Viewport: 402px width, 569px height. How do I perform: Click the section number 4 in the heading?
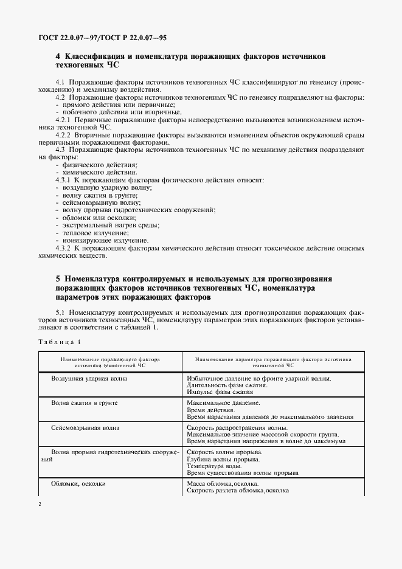click(x=58, y=55)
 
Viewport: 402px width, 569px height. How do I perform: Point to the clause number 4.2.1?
click(x=64, y=120)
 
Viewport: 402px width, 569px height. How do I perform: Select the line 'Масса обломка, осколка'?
click(x=223, y=483)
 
